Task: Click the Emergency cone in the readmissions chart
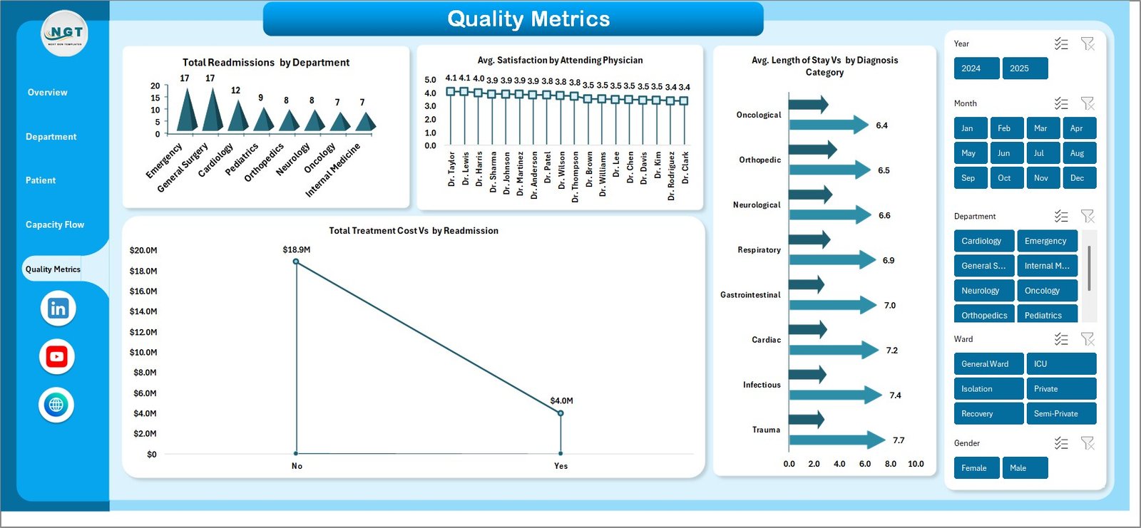tap(187, 113)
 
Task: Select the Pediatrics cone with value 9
tap(263, 121)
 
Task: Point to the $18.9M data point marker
tap(296, 262)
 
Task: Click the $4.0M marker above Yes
tap(561, 413)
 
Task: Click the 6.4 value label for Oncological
tap(881, 125)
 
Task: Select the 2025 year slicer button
tap(1025, 68)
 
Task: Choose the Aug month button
tap(1078, 153)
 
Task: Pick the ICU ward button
tap(1060, 364)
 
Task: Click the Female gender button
tap(976, 468)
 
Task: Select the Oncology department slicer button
tap(1046, 291)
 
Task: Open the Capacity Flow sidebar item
tap(55, 224)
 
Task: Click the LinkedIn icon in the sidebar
tap(58, 309)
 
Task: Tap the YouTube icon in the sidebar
tap(57, 356)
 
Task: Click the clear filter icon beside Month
tap(1088, 103)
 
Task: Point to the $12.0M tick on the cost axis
tap(143, 332)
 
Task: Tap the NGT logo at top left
tap(65, 33)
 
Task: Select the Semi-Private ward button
tap(1060, 414)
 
